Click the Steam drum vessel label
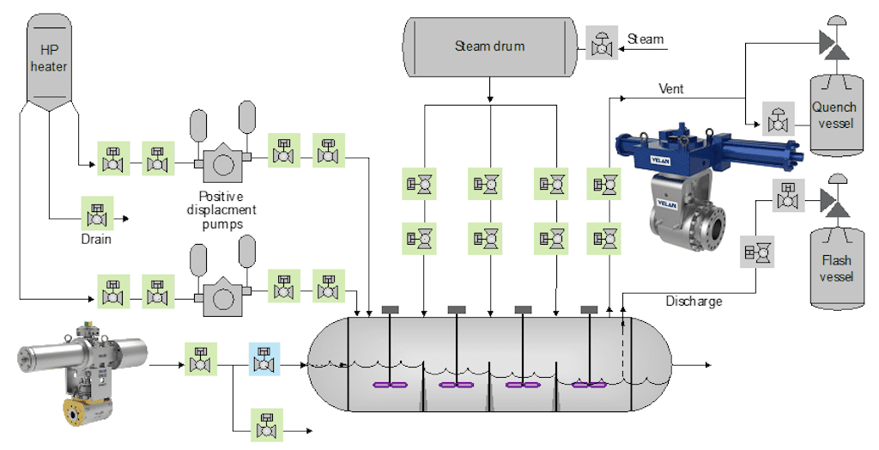[x=489, y=46]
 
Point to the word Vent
[x=670, y=88]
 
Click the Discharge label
[x=694, y=301]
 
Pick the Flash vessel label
[x=836, y=269]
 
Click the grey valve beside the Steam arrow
[x=603, y=42]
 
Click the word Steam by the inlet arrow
[x=646, y=40]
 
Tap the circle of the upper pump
[x=223, y=161]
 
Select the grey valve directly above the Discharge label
[x=758, y=252]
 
